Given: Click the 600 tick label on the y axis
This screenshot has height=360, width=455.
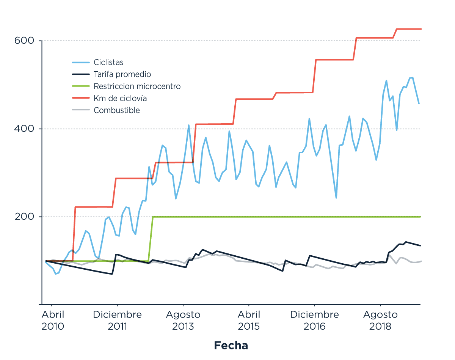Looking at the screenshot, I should [24, 41].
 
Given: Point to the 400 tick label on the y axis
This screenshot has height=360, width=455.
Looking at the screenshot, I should [24, 129].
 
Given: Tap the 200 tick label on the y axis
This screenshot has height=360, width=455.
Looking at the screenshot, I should [24, 217].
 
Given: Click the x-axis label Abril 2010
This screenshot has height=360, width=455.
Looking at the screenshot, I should [53, 321].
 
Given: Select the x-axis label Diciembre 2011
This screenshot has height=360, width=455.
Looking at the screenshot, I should [118, 321].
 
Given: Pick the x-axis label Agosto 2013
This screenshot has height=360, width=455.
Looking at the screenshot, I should [183, 321].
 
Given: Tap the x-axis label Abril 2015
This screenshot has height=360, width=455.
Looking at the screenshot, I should [249, 321].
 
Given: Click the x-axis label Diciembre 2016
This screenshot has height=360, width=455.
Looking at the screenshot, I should [314, 321].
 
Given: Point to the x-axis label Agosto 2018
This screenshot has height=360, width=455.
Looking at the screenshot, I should [380, 321].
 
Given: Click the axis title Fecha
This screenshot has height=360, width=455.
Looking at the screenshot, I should [231, 346].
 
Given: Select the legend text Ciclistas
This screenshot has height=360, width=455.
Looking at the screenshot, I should [108, 63].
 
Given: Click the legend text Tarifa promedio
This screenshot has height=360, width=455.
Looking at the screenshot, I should [122, 74].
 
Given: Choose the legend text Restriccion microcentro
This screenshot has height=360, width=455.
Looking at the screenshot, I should [137, 86].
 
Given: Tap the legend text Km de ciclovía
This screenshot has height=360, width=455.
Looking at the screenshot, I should [120, 99].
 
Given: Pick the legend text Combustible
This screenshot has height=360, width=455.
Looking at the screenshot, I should [117, 110].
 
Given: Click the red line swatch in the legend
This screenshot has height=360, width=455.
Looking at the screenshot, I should [81, 99].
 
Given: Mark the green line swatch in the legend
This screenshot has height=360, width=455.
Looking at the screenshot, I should [81, 86].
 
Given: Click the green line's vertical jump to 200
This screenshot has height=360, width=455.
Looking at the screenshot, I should [151, 239].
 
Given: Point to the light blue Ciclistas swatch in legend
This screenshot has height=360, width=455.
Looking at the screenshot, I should [81, 63].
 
